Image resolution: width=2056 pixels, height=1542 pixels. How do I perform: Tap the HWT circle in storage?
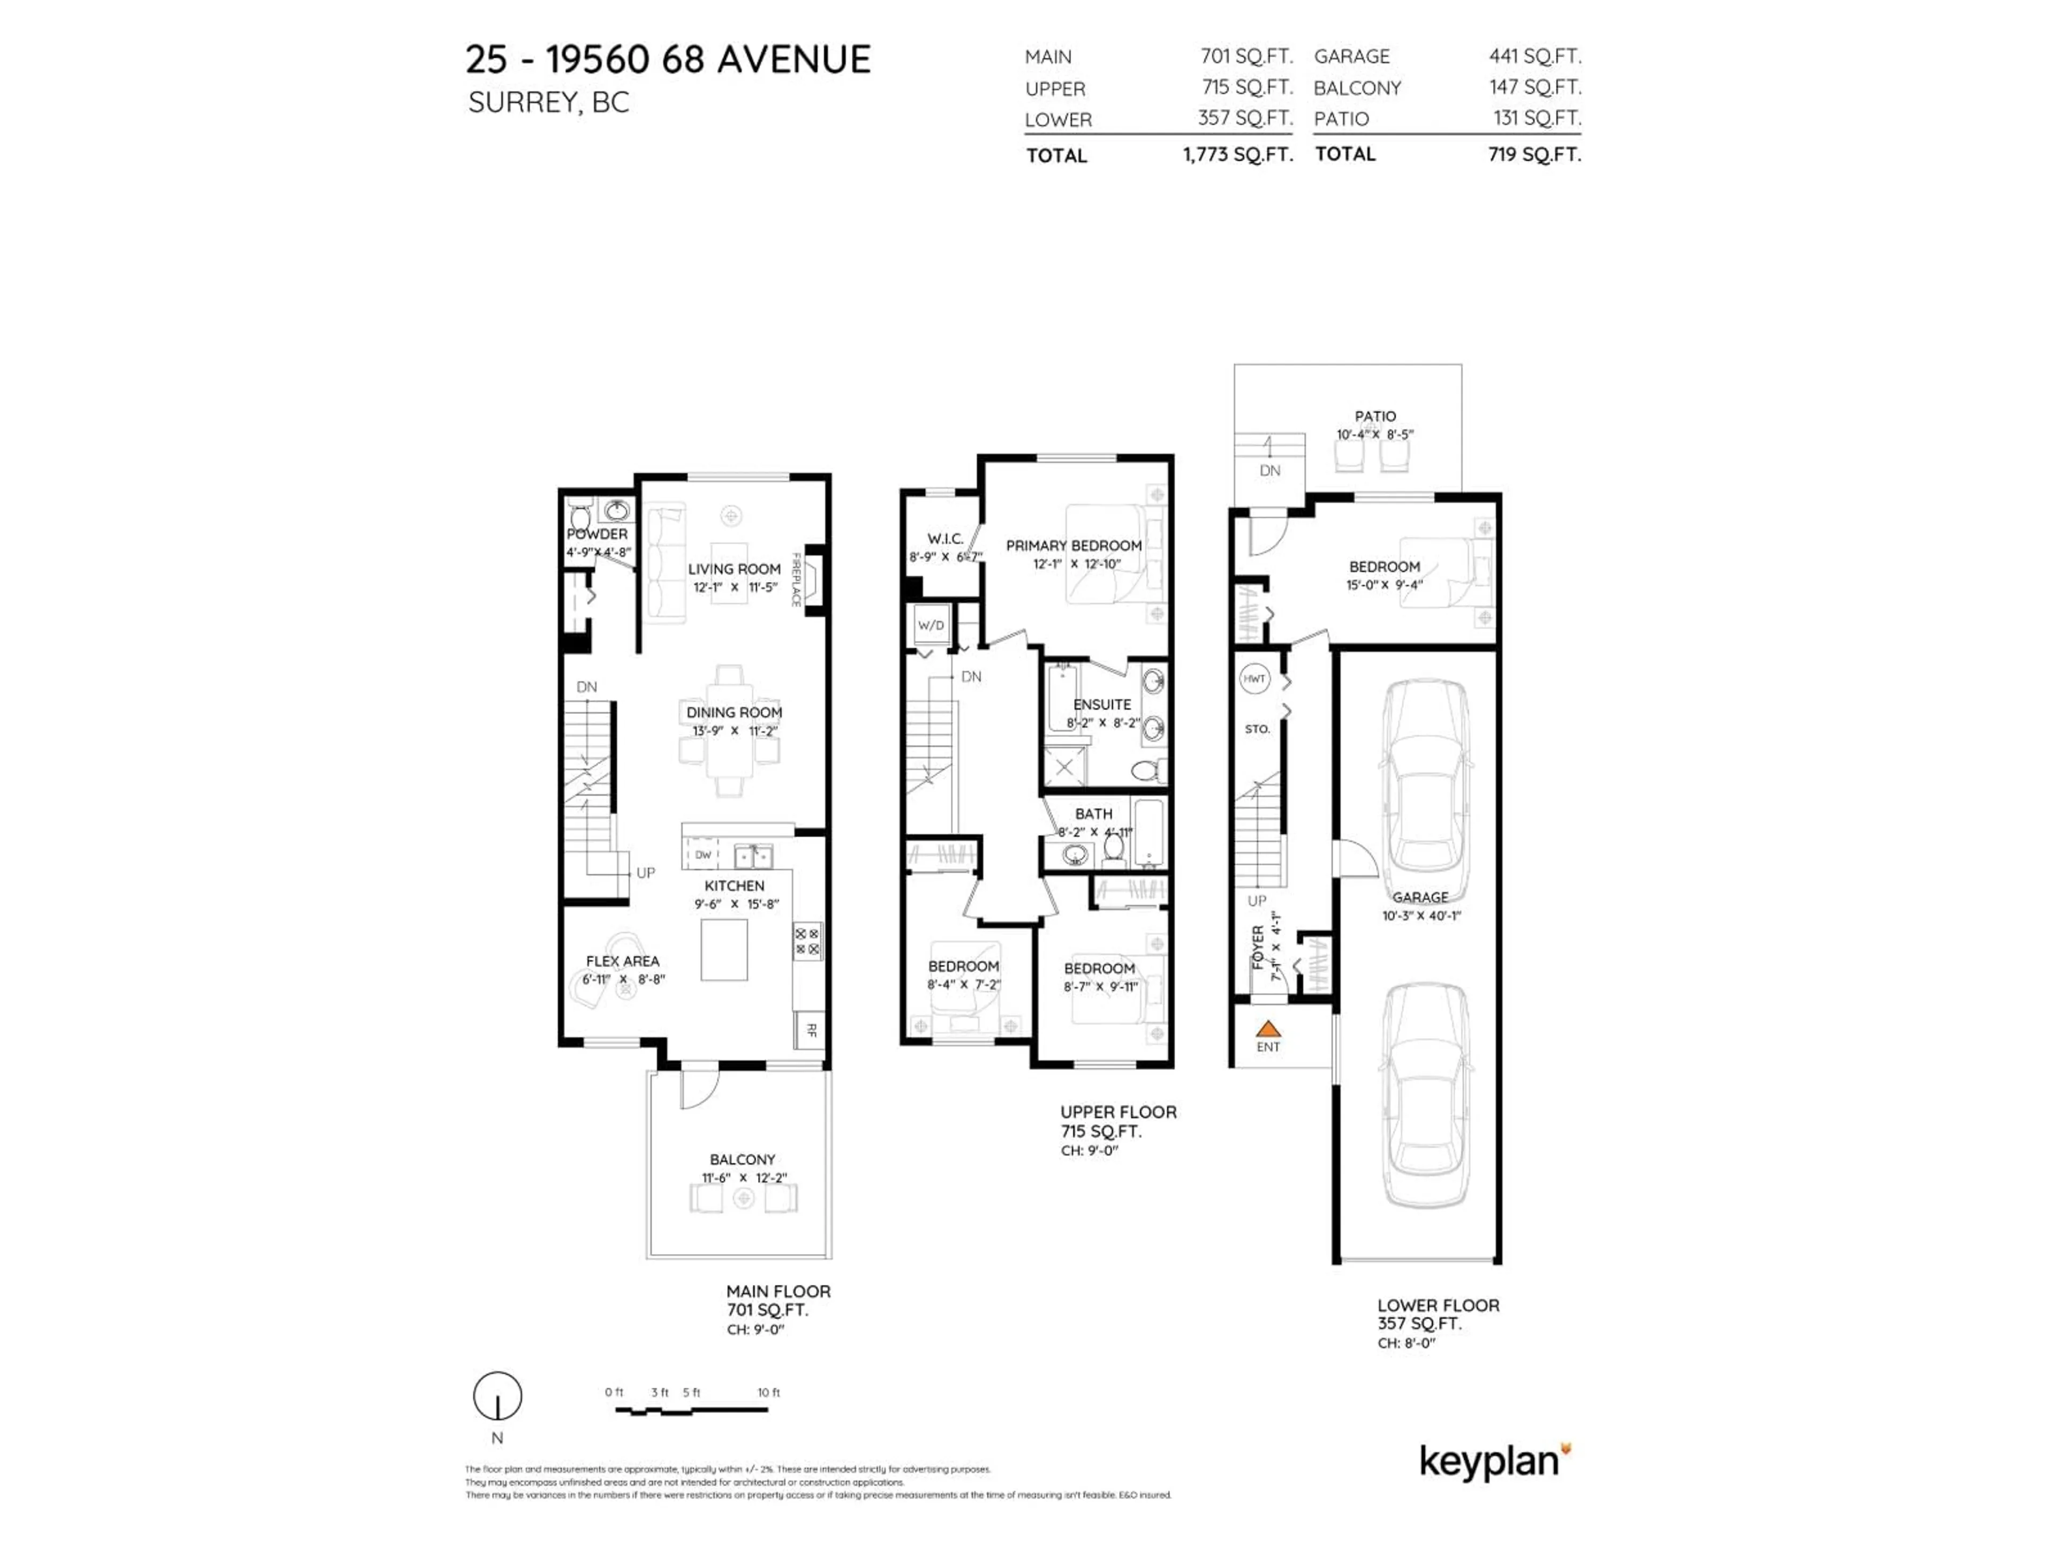(x=1254, y=678)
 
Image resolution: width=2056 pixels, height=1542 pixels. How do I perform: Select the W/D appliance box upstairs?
(x=931, y=625)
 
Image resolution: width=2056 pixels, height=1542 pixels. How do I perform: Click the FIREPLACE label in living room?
(x=797, y=580)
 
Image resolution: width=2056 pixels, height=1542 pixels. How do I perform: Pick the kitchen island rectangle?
(x=724, y=949)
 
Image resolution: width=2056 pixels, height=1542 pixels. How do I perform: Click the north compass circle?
(x=497, y=1395)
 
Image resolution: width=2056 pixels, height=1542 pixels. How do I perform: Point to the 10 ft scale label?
(x=769, y=1393)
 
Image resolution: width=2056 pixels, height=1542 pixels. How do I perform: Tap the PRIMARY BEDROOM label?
(x=1074, y=546)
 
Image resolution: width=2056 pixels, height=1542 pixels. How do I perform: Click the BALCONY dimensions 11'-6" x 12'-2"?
(x=744, y=1177)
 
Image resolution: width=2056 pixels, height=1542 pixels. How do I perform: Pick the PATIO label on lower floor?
(x=1375, y=417)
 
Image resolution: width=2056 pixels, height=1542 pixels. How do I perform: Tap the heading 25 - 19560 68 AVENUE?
(x=668, y=59)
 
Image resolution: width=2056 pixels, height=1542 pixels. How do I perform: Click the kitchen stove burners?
(x=807, y=941)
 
